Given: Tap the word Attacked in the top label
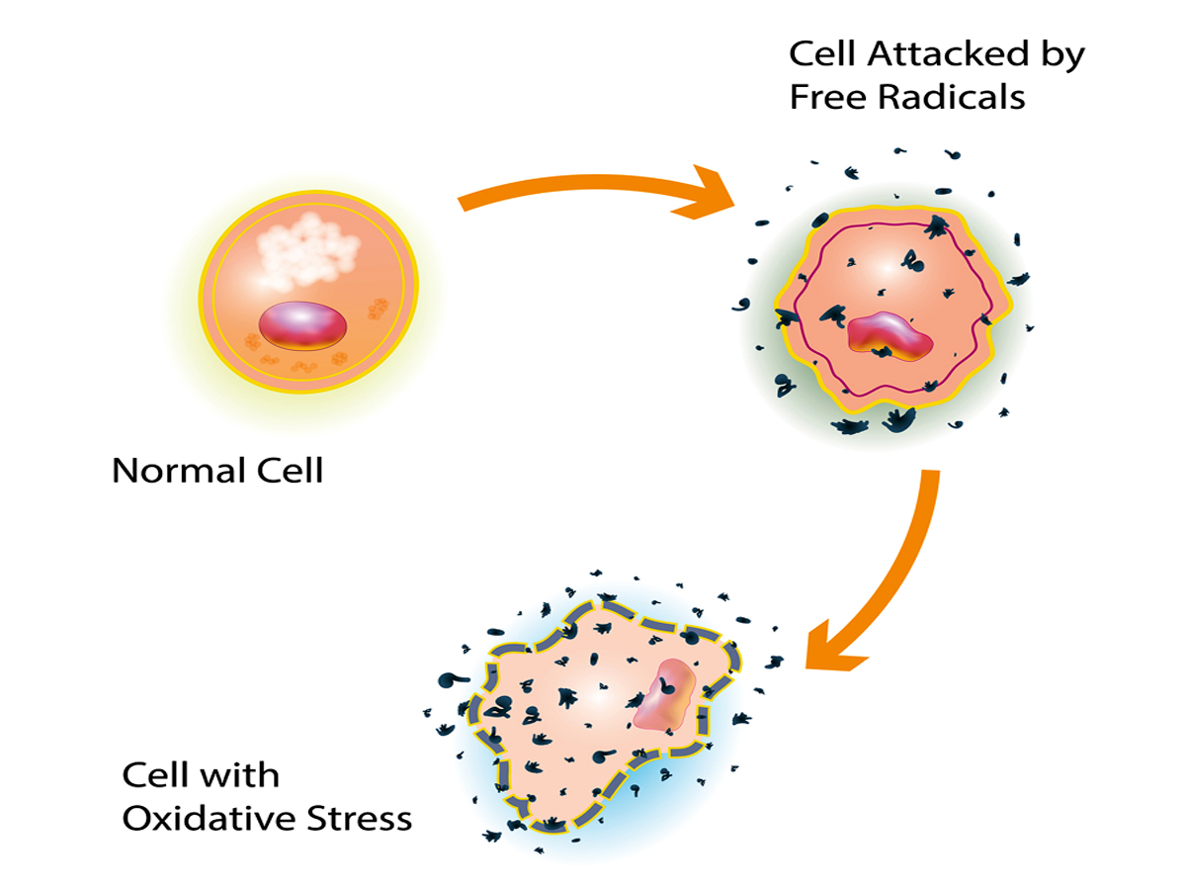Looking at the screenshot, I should pos(945,54).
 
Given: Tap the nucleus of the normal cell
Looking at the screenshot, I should pos(303,326).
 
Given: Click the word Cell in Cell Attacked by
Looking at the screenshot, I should pos(819,54).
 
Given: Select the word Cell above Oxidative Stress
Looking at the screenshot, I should pos(153,775).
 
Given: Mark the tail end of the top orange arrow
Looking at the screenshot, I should pos(465,203).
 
